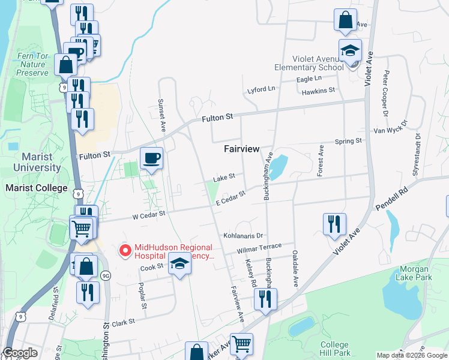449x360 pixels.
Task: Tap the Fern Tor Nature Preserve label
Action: [x=33, y=65]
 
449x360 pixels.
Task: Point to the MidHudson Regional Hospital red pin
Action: [x=125, y=250]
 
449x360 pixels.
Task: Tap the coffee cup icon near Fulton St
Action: [x=151, y=158]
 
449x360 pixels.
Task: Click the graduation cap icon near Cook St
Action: [x=179, y=264]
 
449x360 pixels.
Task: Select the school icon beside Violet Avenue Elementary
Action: [x=350, y=52]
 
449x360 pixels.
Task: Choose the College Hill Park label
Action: [x=334, y=349]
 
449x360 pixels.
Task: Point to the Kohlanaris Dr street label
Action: [x=243, y=236]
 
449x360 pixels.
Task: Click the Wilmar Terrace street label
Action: [x=259, y=247]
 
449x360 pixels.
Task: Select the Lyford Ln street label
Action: [x=261, y=90]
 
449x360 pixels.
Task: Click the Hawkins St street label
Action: [x=318, y=91]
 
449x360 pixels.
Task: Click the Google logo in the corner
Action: [x=20, y=353]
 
